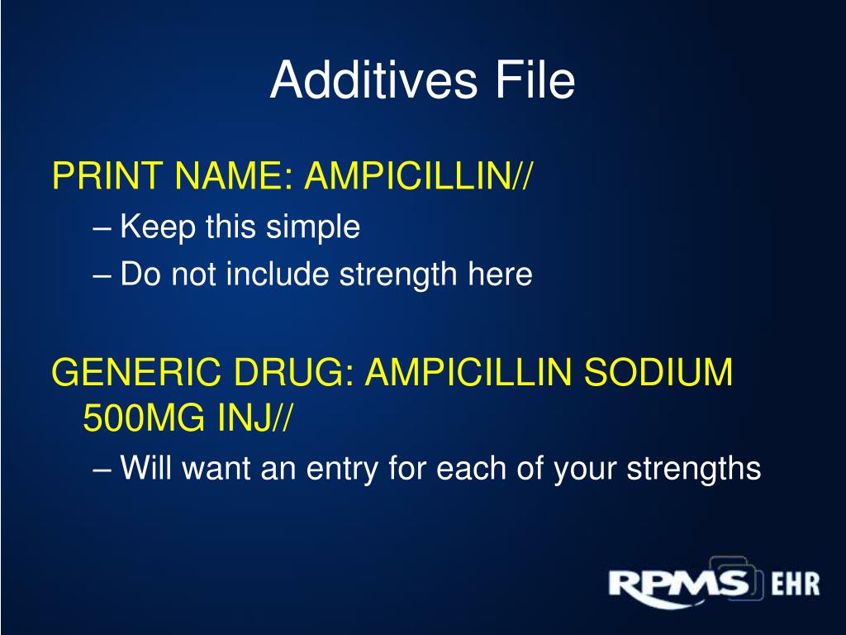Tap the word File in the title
[x=534, y=80]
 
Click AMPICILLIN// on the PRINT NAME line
[x=419, y=176]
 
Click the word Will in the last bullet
[x=146, y=469]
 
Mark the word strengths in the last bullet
[x=692, y=469]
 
